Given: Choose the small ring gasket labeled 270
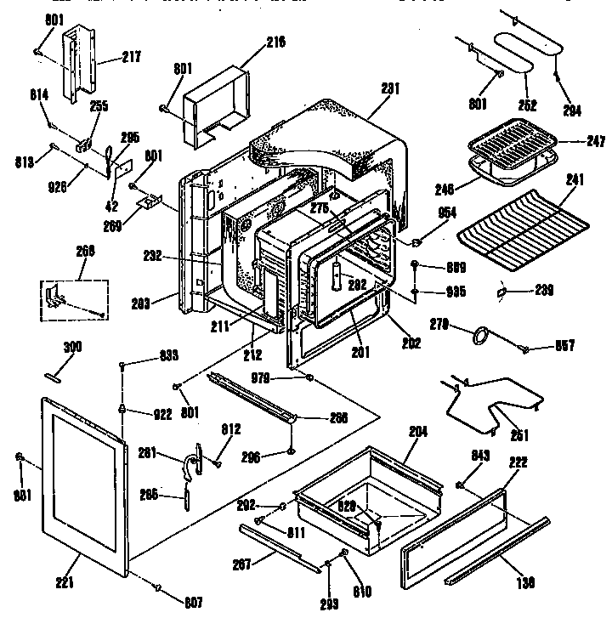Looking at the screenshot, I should point(482,336).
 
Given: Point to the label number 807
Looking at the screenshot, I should point(194,603).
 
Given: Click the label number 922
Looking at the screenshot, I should point(161,415).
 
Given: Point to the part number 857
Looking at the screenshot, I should point(565,345).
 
